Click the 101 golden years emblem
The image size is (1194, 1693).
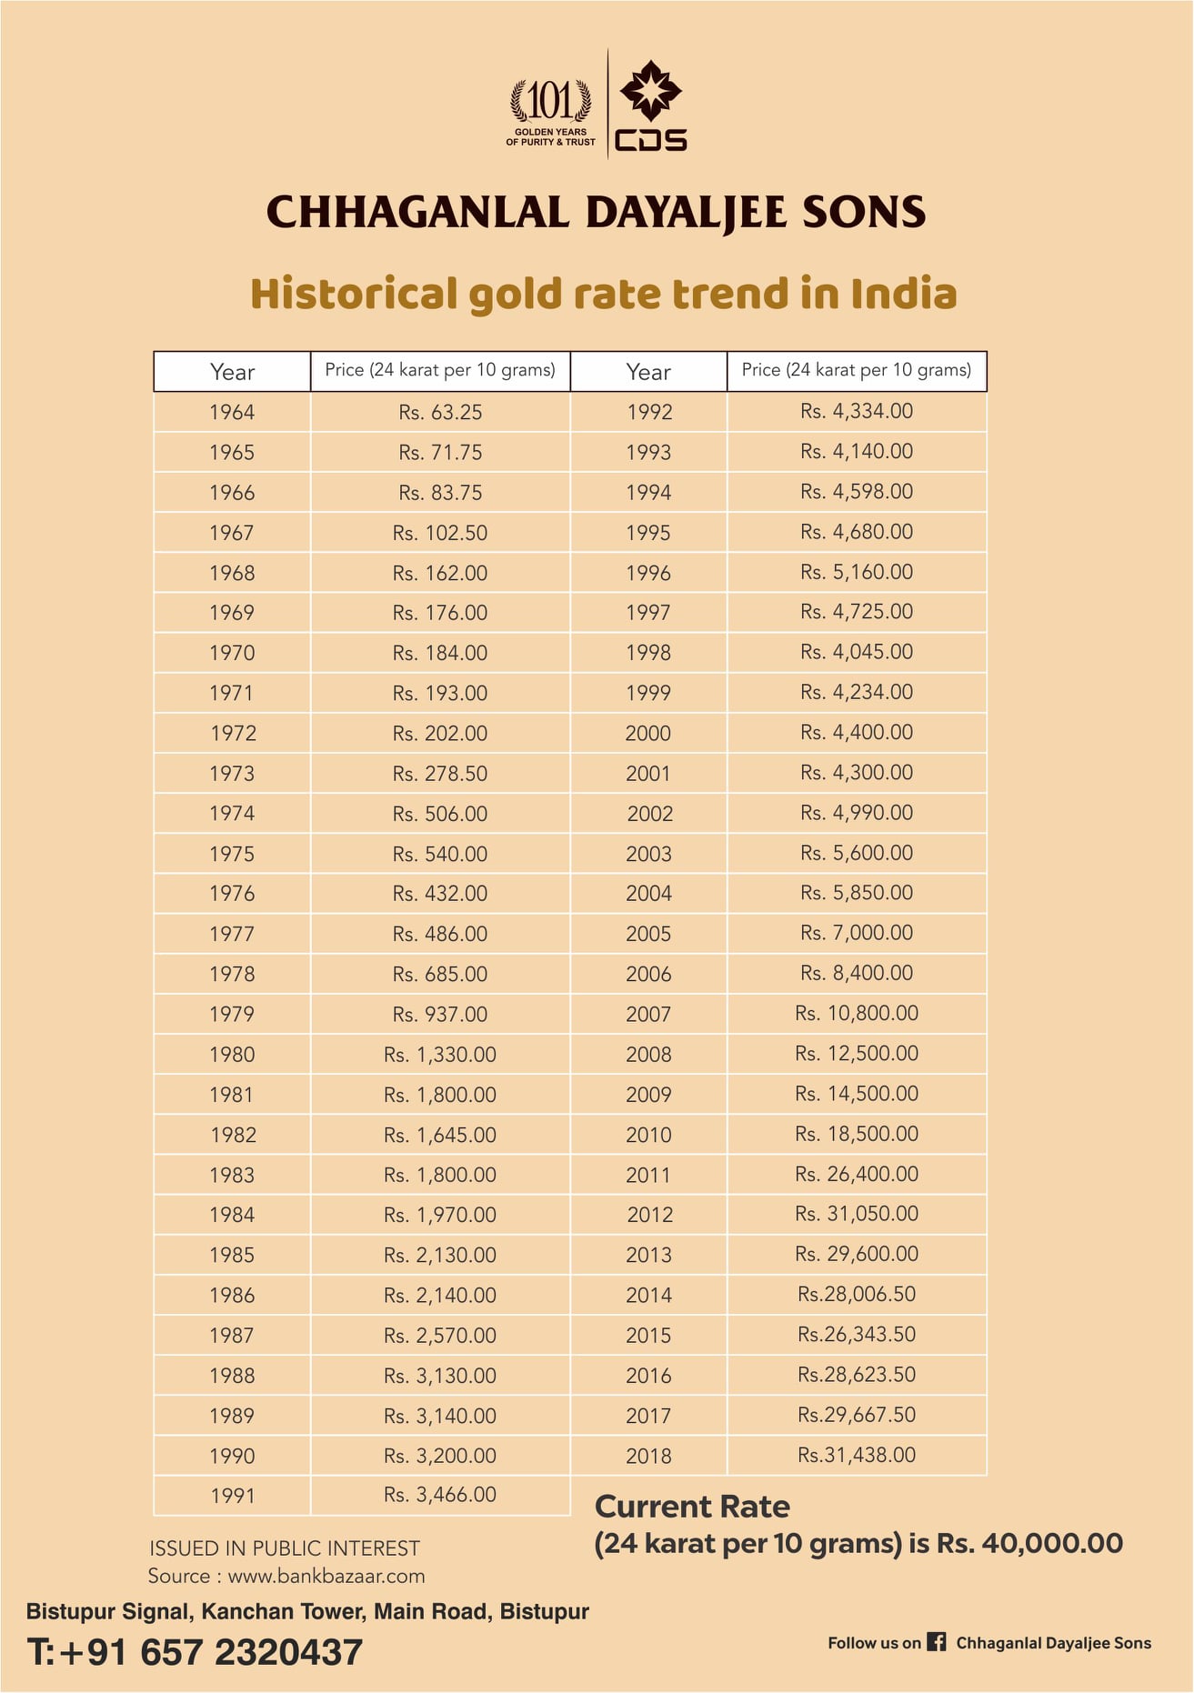click(x=551, y=112)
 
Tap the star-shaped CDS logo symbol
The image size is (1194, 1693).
click(x=650, y=90)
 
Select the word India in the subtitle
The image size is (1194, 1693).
click(x=904, y=294)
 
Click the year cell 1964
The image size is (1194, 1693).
click(x=232, y=412)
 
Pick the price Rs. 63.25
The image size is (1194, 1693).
click(x=440, y=412)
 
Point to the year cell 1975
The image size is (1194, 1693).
click(x=232, y=854)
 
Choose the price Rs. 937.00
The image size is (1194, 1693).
click(x=440, y=1014)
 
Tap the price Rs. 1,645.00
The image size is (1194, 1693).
click(x=440, y=1135)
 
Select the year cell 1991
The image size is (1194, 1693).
click(x=232, y=1496)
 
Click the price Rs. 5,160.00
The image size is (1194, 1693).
click(x=857, y=572)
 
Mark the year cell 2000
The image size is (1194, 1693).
click(x=648, y=733)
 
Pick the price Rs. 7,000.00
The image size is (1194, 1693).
click(x=857, y=933)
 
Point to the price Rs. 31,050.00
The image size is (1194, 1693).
click(x=857, y=1214)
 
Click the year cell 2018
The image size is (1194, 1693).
click(x=648, y=1456)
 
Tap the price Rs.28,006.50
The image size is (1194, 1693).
click(x=857, y=1294)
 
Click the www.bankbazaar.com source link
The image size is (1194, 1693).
click(x=326, y=1576)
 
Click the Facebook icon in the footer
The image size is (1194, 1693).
click(x=937, y=1641)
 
